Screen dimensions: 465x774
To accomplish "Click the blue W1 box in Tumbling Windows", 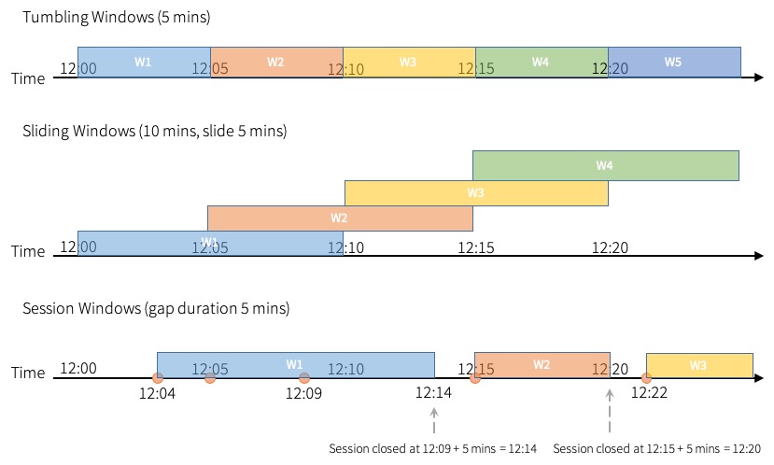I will (x=144, y=62).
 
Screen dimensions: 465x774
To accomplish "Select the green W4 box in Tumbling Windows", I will (x=542, y=62).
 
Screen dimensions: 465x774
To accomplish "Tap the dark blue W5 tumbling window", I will (x=674, y=62).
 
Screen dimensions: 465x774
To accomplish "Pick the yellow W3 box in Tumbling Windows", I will (x=409, y=62).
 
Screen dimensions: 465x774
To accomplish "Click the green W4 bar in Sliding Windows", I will (x=605, y=165).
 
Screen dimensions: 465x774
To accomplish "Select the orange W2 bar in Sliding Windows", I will (x=340, y=218).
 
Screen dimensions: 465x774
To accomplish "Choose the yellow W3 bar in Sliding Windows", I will (x=476, y=193).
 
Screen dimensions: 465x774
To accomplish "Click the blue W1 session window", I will (x=295, y=364).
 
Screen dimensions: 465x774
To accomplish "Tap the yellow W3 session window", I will (x=699, y=365).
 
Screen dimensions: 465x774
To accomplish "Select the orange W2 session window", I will (x=542, y=365).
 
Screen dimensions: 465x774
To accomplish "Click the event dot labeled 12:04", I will (x=157, y=378).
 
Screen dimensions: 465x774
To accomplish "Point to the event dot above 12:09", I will (x=304, y=378).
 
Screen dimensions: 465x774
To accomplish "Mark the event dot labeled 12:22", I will (x=646, y=378).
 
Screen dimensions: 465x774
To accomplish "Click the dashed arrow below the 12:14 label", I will (x=433, y=419).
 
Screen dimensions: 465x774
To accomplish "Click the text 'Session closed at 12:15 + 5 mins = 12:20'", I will (x=657, y=449).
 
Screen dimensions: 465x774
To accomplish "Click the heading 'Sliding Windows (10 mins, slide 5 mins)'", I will (x=154, y=132).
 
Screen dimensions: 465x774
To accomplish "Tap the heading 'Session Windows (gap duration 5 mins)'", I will (x=156, y=308).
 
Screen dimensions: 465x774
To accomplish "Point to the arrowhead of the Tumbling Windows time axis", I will (x=758, y=77).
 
